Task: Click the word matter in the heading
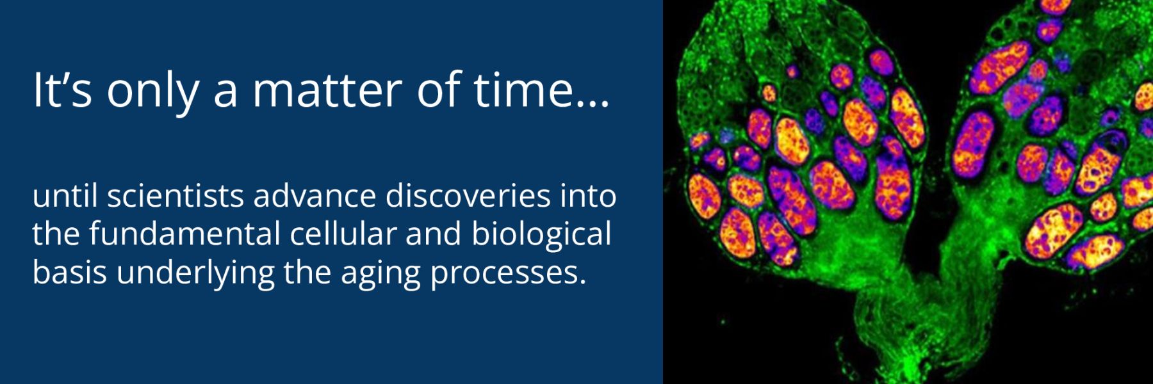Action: (327, 90)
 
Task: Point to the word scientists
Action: (175, 196)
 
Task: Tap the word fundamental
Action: (184, 234)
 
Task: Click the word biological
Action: (541, 235)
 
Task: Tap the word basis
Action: (69, 273)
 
